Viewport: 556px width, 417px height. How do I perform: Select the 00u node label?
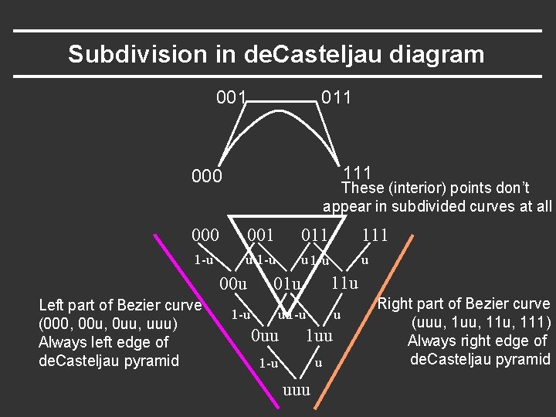click(x=234, y=283)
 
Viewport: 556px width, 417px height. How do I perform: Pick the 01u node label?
click(x=287, y=284)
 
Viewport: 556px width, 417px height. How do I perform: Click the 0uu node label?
click(x=265, y=335)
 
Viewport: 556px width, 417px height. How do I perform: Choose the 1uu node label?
click(x=319, y=335)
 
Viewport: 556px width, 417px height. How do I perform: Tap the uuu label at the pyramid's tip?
click(x=297, y=389)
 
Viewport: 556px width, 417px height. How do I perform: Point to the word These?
click(x=361, y=188)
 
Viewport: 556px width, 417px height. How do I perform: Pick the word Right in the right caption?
click(x=395, y=304)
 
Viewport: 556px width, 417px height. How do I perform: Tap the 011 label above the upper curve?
click(x=336, y=97)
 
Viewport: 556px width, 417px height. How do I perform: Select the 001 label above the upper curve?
click(x=232, y=97)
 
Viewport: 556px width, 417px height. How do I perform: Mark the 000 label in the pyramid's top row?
click(x=206, y=235)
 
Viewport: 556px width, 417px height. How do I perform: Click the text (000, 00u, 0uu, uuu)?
click(x=109, y=324)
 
